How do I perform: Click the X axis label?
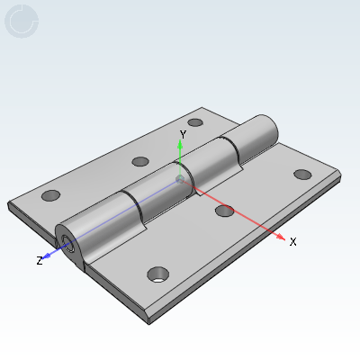pos(292,242)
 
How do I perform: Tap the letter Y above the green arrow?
pos(183,134)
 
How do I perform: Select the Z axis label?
pos(40,260)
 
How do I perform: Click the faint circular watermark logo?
pos(22,22)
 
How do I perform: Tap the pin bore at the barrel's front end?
pos(67,241)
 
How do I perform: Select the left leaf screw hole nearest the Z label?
pos(50,195)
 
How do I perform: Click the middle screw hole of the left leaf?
pos(139,162)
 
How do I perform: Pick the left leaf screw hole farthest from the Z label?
pos(195,122)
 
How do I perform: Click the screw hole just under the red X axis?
pos(224,211)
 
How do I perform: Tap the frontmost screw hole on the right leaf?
pos(159,273)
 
